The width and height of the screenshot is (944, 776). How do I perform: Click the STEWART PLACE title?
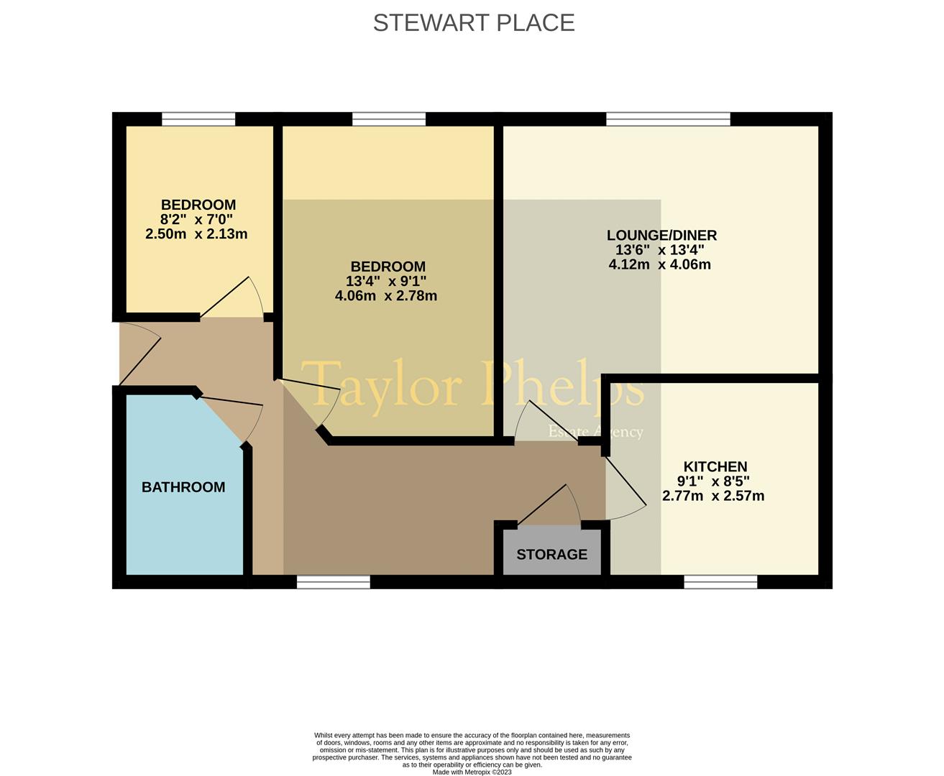click(473, 23)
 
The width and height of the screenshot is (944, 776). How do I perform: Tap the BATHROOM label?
click(183, 487)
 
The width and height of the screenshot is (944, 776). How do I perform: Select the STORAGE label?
click(551, 555)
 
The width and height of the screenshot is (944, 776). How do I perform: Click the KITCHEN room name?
click(715, 467)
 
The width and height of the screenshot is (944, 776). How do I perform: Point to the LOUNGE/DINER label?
click(661, 235)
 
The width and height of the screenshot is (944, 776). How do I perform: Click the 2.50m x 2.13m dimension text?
click(196, 234)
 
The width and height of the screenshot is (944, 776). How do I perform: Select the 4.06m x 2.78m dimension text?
click(386, 295)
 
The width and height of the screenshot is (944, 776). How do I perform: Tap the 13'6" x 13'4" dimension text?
click(659, 250)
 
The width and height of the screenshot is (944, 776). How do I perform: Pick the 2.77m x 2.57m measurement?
click(712, 496)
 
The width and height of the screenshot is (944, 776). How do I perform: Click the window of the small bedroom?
click(198, 119)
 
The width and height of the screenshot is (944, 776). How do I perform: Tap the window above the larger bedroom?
click(389, 119)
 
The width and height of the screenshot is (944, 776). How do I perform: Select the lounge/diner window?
click(668, 119)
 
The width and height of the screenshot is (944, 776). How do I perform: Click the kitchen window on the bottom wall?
click(720, 581)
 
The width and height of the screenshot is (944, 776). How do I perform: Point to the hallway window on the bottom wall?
click(334, 581)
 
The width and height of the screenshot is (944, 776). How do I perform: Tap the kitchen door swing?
click(625, 489)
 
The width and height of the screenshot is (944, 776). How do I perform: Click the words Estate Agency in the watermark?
click(595, 432)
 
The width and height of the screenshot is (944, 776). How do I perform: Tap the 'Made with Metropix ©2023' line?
click(472, 772)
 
